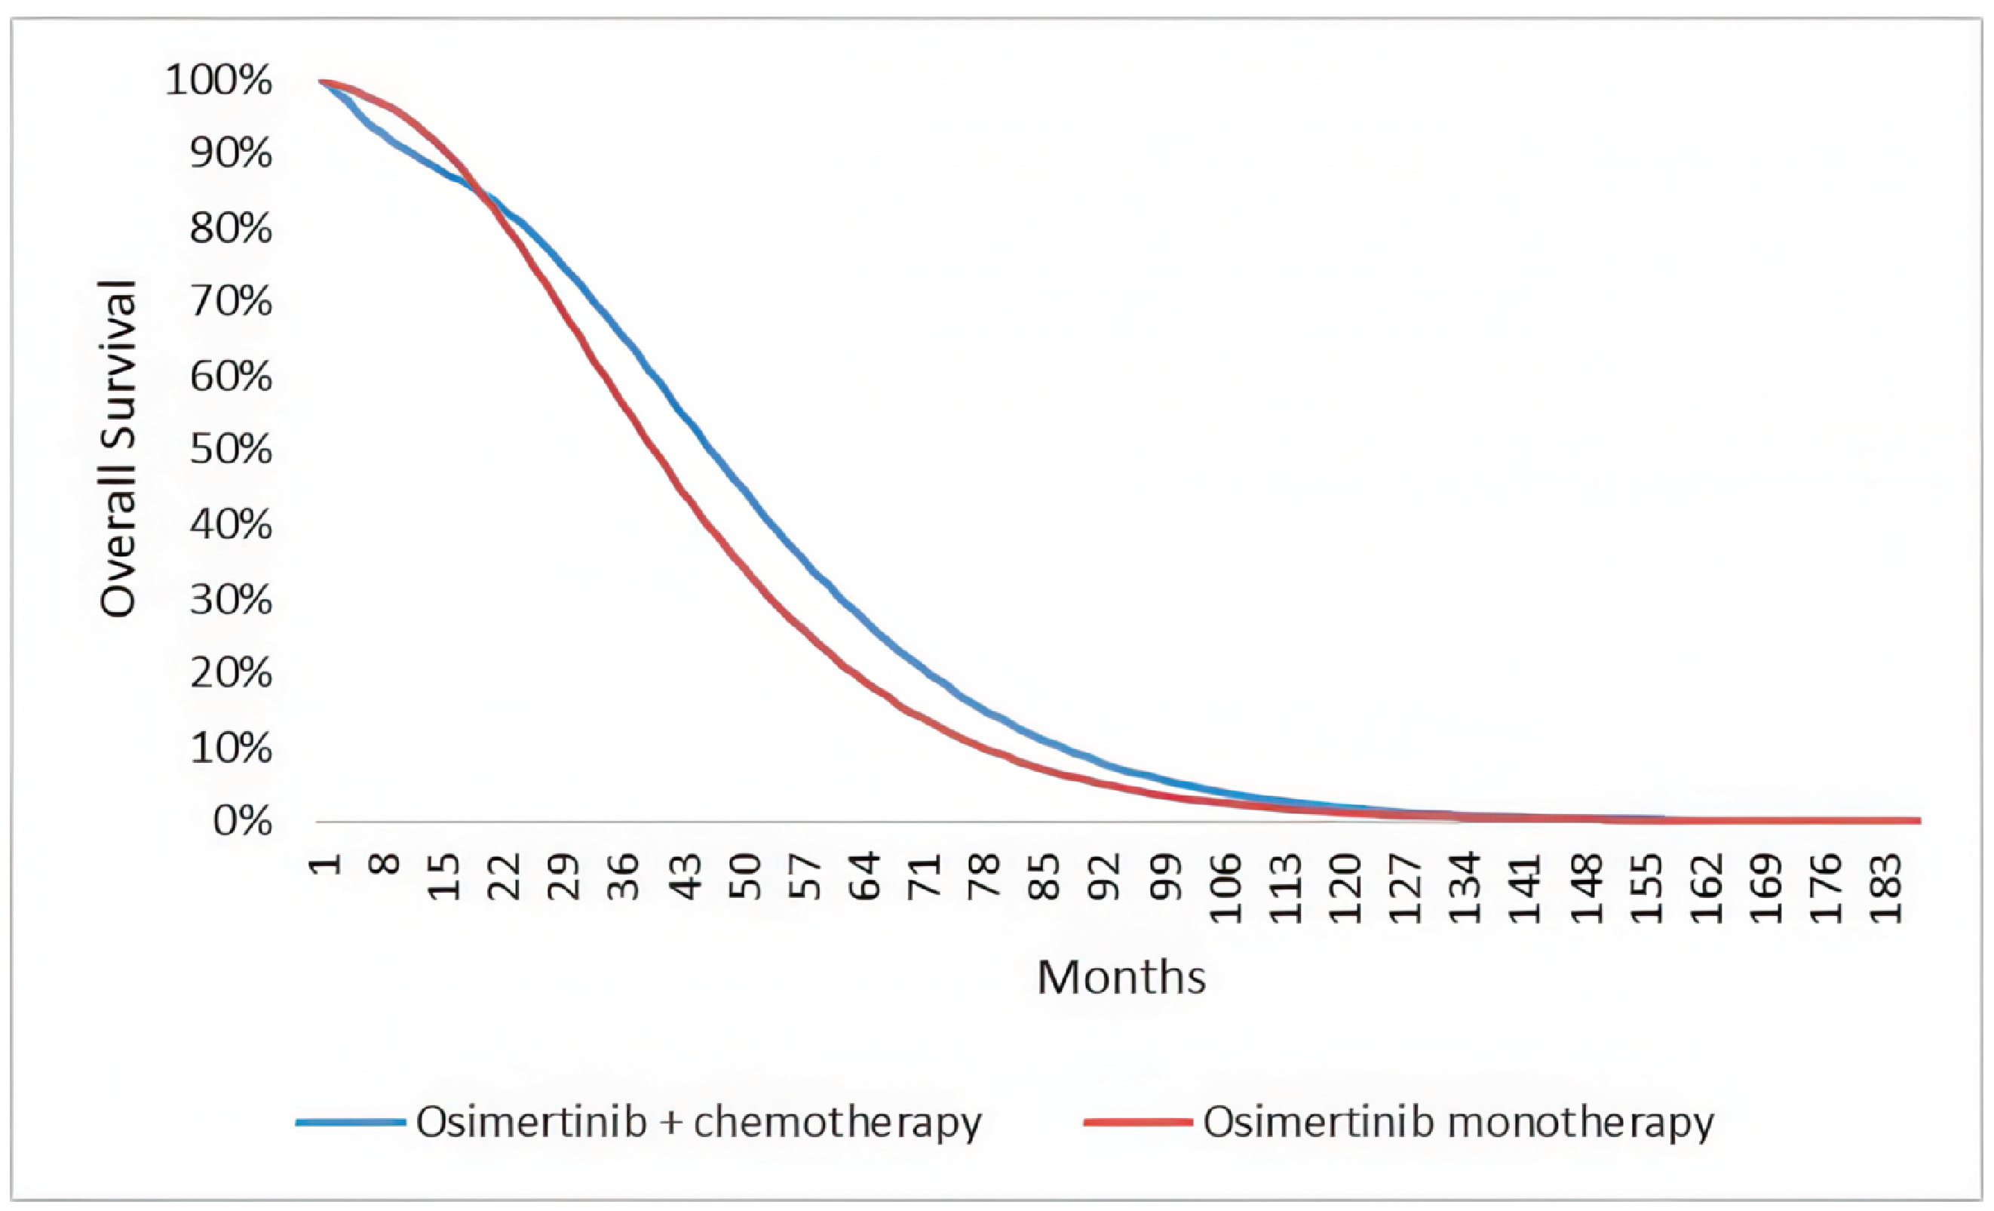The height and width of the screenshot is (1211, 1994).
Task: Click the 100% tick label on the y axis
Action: [219, 81]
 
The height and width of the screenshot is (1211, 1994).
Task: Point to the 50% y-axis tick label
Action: [231, 450]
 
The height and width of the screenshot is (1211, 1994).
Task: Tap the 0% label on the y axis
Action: [242, 821]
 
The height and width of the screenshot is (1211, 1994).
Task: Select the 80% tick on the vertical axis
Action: [231, 229]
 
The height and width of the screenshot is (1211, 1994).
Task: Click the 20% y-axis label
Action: [231, 673]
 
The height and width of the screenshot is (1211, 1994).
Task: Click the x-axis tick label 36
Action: [624, 878]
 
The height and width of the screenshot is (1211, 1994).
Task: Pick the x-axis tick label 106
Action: [1226, 889]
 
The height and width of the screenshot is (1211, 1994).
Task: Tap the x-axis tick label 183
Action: [1886, 889]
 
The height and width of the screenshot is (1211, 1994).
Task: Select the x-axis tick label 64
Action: [866, 878]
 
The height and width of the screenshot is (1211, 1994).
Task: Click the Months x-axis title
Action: [1121, 978]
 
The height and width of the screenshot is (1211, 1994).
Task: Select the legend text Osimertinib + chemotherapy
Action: [698, 1123]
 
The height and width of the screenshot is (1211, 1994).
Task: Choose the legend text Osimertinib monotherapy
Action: [1459, 1123]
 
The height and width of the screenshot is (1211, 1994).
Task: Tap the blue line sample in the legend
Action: [350, 1123]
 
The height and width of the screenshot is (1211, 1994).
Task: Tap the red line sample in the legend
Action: [1138, 1123]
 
